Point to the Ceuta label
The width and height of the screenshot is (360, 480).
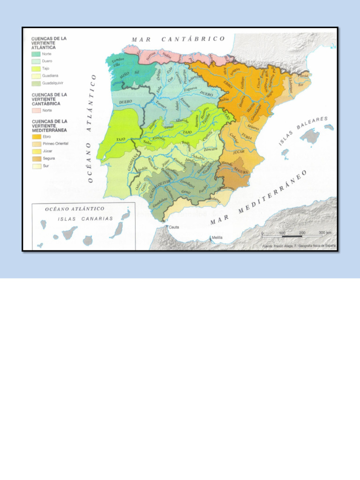(174, 227)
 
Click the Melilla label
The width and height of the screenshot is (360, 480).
(217, 237)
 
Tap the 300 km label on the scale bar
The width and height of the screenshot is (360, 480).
(325, 232)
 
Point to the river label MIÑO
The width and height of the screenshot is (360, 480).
(125, 75)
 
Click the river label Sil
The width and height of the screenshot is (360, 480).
(137, 72)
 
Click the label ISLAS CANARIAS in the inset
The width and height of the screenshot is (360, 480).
(85, 218)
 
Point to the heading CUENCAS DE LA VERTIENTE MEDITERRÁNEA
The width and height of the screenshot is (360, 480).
(49, 126)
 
